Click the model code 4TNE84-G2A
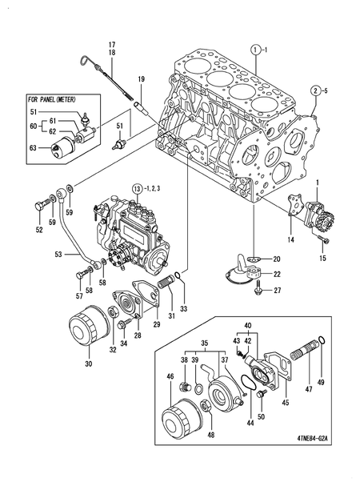pos(318,439)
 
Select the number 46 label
pos(170,376)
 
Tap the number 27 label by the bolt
pos(278,291)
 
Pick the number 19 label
pos(140,78)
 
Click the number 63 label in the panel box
pos(34,148)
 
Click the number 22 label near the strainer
pos(278,275)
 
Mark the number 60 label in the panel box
pos(33,127)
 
